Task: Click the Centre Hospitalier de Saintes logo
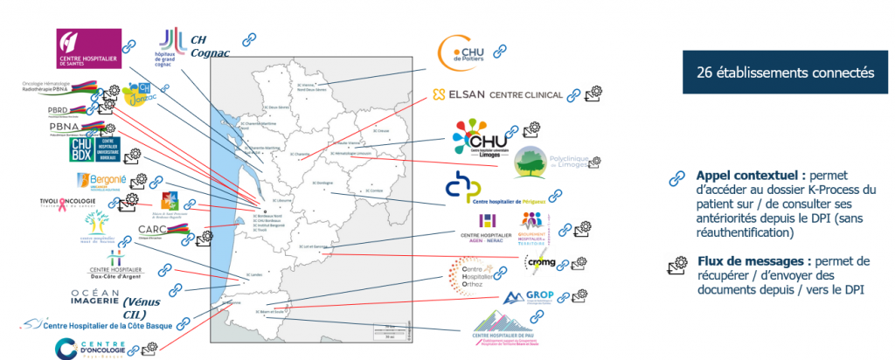(88, 47)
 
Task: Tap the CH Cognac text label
(208, 45)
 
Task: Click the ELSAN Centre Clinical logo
(497, 94)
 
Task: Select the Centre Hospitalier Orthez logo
(472, 273)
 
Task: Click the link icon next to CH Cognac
(248, 39)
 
